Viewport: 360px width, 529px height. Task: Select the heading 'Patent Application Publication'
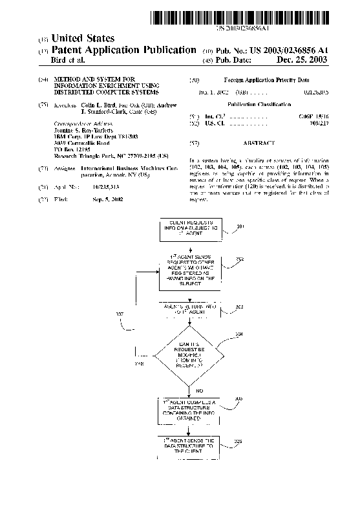(x=123, y=50)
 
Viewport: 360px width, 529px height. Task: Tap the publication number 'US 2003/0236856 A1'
(x=284, y=50)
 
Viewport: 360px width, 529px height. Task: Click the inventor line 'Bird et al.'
(x=67, y=60)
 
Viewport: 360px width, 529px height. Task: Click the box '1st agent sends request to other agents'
(x=189, y=272)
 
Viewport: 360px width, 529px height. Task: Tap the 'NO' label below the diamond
(x=199, y=391)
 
